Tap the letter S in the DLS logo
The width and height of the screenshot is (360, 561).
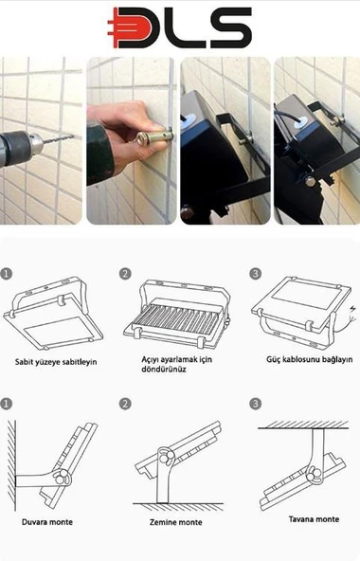230,27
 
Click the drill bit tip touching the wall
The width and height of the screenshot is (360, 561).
72,136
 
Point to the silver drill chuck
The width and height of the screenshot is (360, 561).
35,142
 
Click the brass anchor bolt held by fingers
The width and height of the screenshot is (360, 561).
154,136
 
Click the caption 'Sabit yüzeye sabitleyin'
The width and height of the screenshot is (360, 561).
56,362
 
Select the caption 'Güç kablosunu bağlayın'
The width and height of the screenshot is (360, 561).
309,359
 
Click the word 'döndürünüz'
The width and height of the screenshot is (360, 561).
164,370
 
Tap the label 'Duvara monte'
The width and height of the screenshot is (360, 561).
47,522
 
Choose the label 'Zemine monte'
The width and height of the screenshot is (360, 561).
175,522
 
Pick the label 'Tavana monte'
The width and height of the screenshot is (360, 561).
314,519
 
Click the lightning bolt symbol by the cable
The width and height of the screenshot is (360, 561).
353,309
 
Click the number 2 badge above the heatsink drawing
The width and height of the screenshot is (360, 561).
125,274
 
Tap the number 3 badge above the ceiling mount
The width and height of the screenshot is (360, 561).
255,404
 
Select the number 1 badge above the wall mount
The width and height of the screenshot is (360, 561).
7,404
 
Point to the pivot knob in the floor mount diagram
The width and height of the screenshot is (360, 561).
166,457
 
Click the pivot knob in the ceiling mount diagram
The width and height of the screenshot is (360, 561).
315,476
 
